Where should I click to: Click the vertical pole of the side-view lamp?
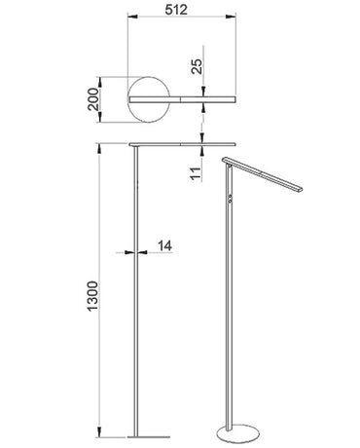pos(134,292)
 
